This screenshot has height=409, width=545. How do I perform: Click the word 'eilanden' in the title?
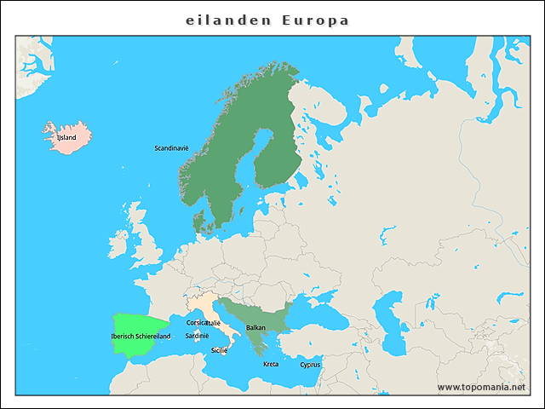[227, 20]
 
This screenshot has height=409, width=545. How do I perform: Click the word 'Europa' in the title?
[316, 20]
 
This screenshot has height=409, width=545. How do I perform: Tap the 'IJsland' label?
[66, 136]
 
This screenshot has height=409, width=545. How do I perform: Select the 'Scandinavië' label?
[171, 148]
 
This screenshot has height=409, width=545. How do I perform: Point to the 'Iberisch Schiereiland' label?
[141, 337]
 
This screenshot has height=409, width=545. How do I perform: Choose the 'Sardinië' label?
[197, 336]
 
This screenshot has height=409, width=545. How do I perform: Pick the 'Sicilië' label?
[219, 350]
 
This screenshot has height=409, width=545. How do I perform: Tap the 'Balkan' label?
[255, 327]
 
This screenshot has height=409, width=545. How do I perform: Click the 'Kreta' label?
[271, 364]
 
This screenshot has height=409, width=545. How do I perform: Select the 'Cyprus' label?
[310, 365]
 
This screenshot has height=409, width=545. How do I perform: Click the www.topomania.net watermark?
[481, 387]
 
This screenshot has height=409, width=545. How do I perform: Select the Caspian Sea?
[393, 320]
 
